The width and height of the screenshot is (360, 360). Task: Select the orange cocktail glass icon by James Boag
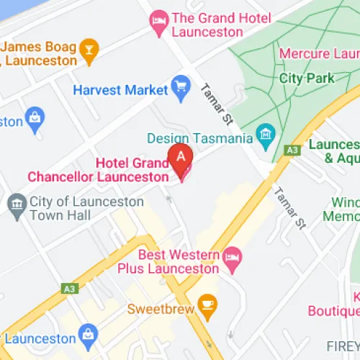tap(89, 49)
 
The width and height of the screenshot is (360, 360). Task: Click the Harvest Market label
tap(120, 90)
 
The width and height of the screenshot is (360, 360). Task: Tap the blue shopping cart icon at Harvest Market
tap(179, 89)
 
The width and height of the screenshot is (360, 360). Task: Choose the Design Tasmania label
tap(199, 138)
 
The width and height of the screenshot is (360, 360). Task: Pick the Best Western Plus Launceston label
tap(168, 262)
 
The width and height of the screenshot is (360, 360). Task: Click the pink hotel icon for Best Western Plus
tap(231, 256)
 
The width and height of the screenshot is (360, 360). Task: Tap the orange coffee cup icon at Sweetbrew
tap(207, 305)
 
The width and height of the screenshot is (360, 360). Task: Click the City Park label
tap(305, 77)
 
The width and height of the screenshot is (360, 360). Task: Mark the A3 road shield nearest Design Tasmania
tap(292, 150)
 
